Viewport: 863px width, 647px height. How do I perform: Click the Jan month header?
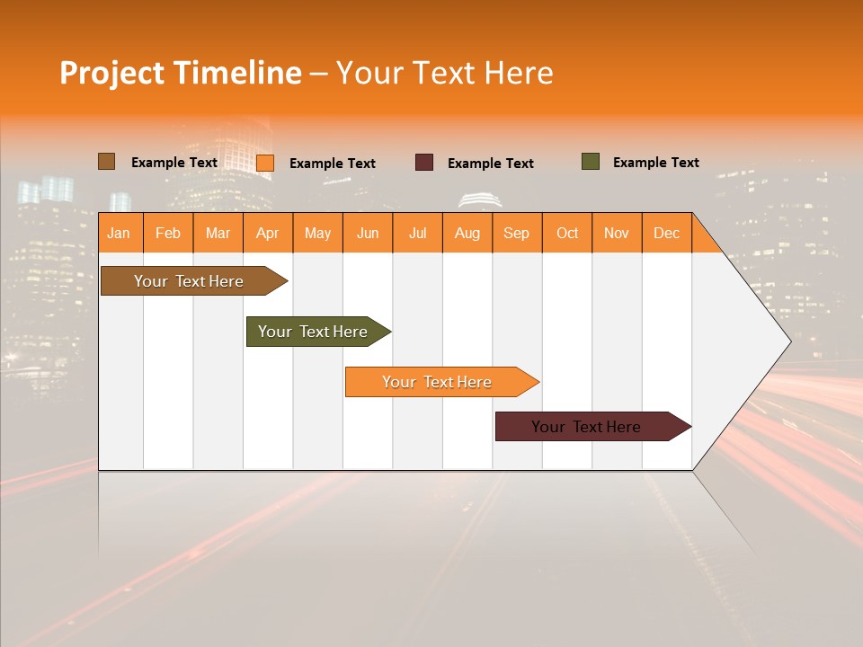[x=119, y=233]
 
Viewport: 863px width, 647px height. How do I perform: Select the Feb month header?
[x=168, y=233]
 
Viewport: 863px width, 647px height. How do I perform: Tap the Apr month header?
[x=267, y=233]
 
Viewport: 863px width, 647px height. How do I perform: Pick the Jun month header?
[x=368, y=233]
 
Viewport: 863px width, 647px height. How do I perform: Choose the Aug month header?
[x=467, y=233]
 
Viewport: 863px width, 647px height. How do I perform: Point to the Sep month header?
[x=516, y=233]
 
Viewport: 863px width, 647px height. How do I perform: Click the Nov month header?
[x=617, y=233]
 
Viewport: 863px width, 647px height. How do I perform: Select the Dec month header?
[x=666, y=233]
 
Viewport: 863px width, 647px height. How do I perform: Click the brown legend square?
[x=106, y=162]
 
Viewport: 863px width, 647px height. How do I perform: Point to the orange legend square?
[x=265, y=163]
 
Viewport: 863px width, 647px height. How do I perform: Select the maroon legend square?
[x=424, y=163]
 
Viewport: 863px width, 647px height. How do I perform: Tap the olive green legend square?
[x=591, y=162]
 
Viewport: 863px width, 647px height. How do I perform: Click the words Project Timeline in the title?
[x=180, y=73]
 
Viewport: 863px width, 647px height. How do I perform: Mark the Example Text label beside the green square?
[x=655, y=163]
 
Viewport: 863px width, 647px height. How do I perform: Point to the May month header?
[x=317, y=233]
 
